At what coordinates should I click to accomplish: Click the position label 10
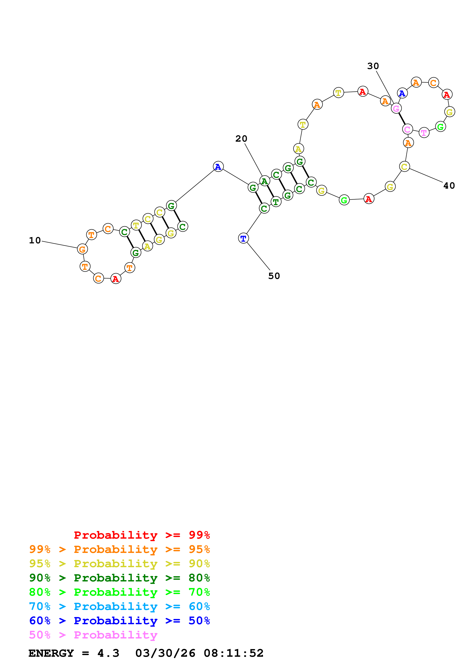tap(35, 240)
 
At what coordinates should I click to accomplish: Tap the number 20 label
tap(241, 139)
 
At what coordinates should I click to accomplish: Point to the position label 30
tap(373, 66)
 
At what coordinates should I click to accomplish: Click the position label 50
tap(274, 276)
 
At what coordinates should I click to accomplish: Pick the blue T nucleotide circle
tap(243, 238)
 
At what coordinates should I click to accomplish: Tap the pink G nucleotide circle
tap(396, 109)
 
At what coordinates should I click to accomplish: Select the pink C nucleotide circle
tap(407, 129)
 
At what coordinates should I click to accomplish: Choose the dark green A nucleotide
tap(264, 181)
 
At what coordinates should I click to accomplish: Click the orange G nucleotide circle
tap(82, 249)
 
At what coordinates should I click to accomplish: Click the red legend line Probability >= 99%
tap(142, 535)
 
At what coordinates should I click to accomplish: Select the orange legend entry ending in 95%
tap(119, 549)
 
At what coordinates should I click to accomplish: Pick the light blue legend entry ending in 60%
tap(119, 606)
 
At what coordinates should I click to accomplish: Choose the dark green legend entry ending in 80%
tap(119, 578)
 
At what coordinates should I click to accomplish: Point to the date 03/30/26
tap(165, 653)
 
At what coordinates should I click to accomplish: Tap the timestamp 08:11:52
tap(234, 653)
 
